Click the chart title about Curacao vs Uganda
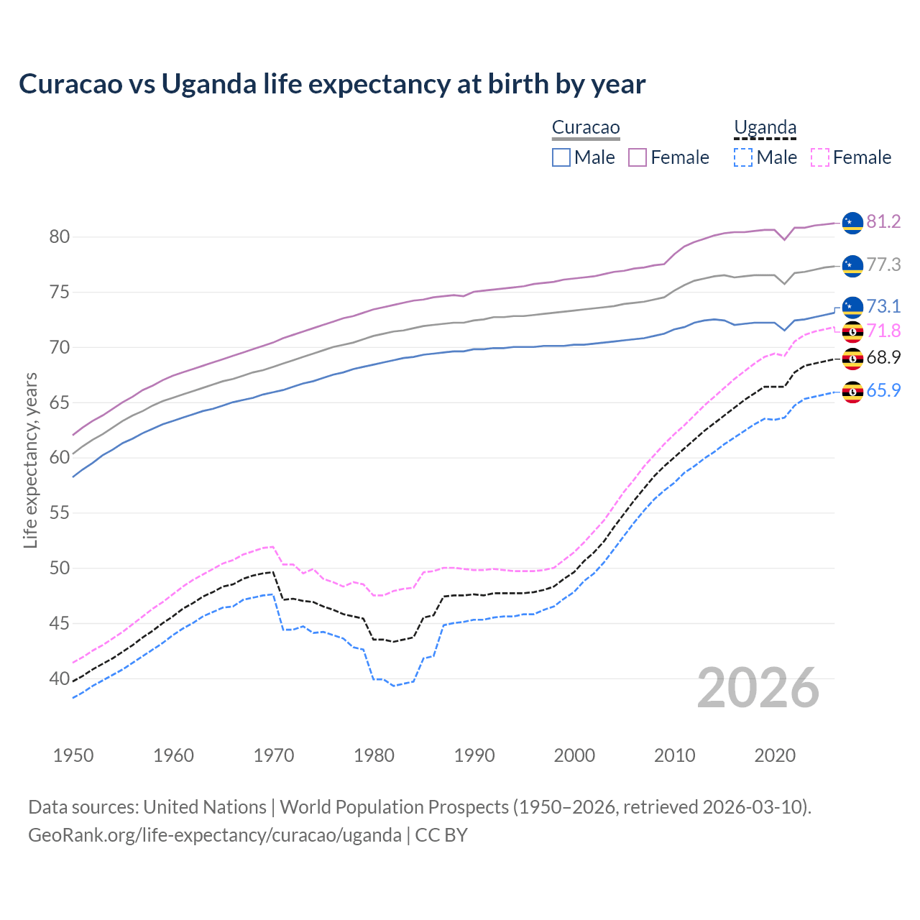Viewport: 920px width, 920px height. point(332,84)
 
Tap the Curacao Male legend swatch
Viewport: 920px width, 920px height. point(561,157)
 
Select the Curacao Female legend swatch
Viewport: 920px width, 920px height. point(638,157)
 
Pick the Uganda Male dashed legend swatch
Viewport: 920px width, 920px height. point(743,157)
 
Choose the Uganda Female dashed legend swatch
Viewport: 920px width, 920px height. point(820,157)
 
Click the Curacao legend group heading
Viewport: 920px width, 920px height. point(586,128)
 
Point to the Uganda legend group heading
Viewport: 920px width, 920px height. point(765,128)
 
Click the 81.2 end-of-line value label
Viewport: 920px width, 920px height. point(883,222)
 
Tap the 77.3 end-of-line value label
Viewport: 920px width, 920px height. point(883,265)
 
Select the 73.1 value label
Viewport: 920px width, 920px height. point(883,307)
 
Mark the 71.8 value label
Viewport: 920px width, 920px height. point(883,331)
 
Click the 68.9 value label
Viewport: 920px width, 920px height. point(883,358)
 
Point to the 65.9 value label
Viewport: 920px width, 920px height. point(883,391)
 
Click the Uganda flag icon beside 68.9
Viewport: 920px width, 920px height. point(852,358)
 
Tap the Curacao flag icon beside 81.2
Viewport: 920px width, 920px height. point(852,223)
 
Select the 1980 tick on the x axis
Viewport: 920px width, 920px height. point(374,755)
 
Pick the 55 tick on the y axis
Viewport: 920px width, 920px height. point(59,513)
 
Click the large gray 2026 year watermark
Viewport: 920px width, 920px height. point(758,689)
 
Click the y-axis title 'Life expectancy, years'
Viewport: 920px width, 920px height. point(31,460)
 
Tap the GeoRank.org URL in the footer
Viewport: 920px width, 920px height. point(215,835)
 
